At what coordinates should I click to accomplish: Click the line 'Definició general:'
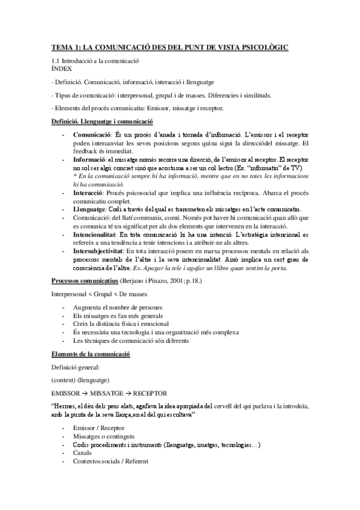75,367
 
